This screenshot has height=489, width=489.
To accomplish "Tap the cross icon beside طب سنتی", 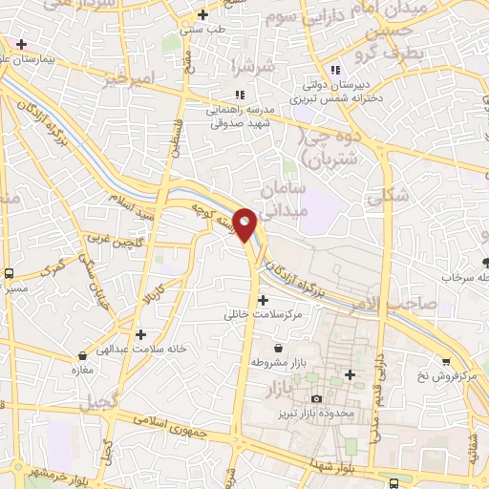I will point(202,14).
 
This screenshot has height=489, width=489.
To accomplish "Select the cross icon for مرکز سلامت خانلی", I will point(263,300).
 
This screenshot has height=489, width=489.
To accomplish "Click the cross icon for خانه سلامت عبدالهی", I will point(141,334).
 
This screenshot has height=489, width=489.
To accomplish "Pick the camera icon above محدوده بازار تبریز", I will point(316,398).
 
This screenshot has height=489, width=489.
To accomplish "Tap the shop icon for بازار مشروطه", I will point(278,349).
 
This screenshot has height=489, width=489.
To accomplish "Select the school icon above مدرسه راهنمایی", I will point(240,95).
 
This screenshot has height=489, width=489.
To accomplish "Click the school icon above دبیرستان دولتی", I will point(334,69).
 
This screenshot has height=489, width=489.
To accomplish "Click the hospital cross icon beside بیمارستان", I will point(21,44).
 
